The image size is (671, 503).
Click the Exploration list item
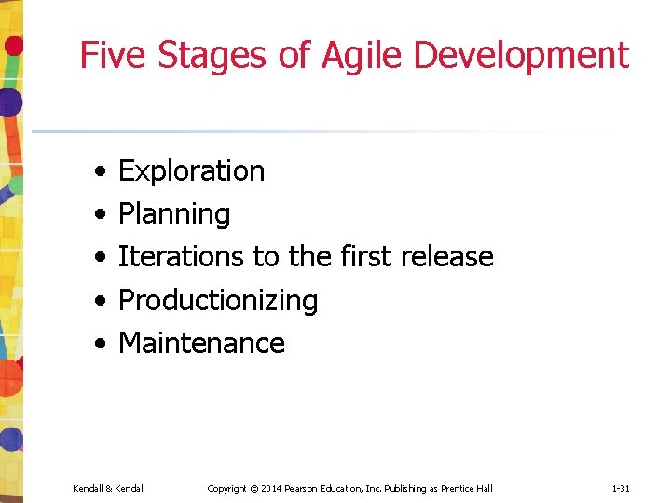pos(191,171)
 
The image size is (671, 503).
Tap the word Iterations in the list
pos(175,256)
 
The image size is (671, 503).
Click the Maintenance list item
pos(201,343)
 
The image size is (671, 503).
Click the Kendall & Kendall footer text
pos(109,488)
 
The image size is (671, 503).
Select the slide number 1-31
pos(622,488)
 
